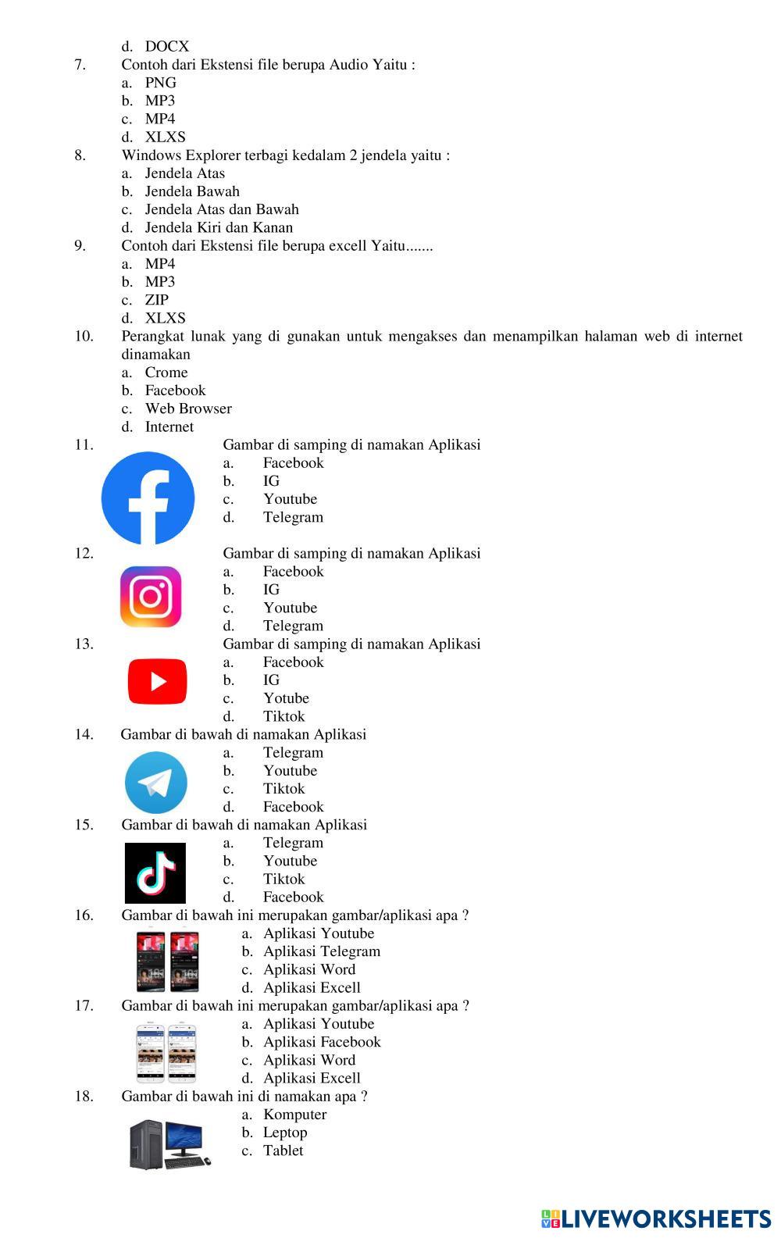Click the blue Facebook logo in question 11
click(x=148, y=498)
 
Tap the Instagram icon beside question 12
click(x=151, y=597)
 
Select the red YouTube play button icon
click(x=157, y=681)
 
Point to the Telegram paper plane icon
click(x=155, y=782)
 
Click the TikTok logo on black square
click(x=155, y=872)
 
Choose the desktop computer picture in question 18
click(x=169, y=1144)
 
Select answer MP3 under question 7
click(x=159, y=101)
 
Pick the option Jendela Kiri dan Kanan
click(x=219, y=228)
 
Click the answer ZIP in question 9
click(x=156, y=300)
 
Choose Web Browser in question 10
click(x=188, y=409)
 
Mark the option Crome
click(x=166, y=373)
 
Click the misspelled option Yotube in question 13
click(x=286, y=698)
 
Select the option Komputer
click(x=294, y=1115)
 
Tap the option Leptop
click(x=285, y=1133)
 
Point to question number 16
click(x=84, y=915)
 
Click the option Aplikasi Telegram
click(x=322, y=951)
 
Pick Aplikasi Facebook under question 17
click(x=322, y=1042)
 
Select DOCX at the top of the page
click(x=166, y=47)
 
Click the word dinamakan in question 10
click(x=155, y=355)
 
